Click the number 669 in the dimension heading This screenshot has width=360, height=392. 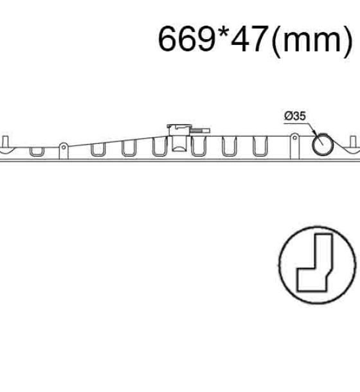[x=187, y=39]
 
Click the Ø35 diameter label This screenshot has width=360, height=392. [x=295, y=116]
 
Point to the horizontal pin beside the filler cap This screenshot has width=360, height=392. [x=201, y=130]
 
